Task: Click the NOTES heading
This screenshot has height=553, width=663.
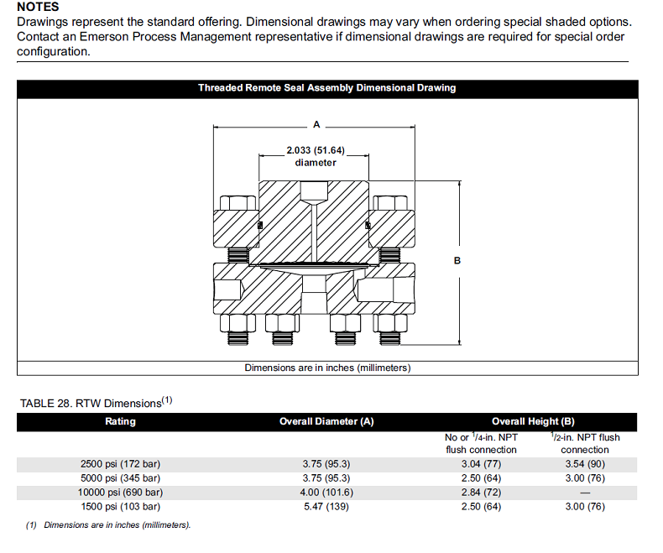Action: point(38,7)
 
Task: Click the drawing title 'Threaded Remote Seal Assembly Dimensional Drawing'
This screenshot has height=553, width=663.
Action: point(326,88)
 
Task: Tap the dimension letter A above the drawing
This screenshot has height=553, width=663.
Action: point(316,124)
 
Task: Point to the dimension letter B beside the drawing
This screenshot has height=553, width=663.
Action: point(457,261)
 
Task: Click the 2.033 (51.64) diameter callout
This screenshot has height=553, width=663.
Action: point(316,156)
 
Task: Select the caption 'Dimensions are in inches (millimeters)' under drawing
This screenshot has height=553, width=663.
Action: point(327,368)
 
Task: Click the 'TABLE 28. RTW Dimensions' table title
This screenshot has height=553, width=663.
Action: point(96,403)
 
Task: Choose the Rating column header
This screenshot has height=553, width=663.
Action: point(120,421)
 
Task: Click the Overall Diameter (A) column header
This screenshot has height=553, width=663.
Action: point(326,421)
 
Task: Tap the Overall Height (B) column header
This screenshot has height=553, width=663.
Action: point(533,421)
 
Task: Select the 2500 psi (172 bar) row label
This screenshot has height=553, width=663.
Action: point(120,463)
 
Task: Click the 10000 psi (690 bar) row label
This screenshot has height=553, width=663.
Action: point(120,492)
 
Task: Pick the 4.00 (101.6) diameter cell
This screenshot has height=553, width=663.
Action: point(326,492)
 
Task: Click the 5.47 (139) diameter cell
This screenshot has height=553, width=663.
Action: point(326,506)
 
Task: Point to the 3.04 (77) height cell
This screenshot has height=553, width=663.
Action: point(481,463)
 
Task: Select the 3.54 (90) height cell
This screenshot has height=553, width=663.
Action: point(585,463)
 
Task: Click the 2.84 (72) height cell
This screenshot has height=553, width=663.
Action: point(481,492)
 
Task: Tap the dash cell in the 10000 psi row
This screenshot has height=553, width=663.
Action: point(585,493)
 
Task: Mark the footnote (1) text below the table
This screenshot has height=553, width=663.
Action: point(108,525)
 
